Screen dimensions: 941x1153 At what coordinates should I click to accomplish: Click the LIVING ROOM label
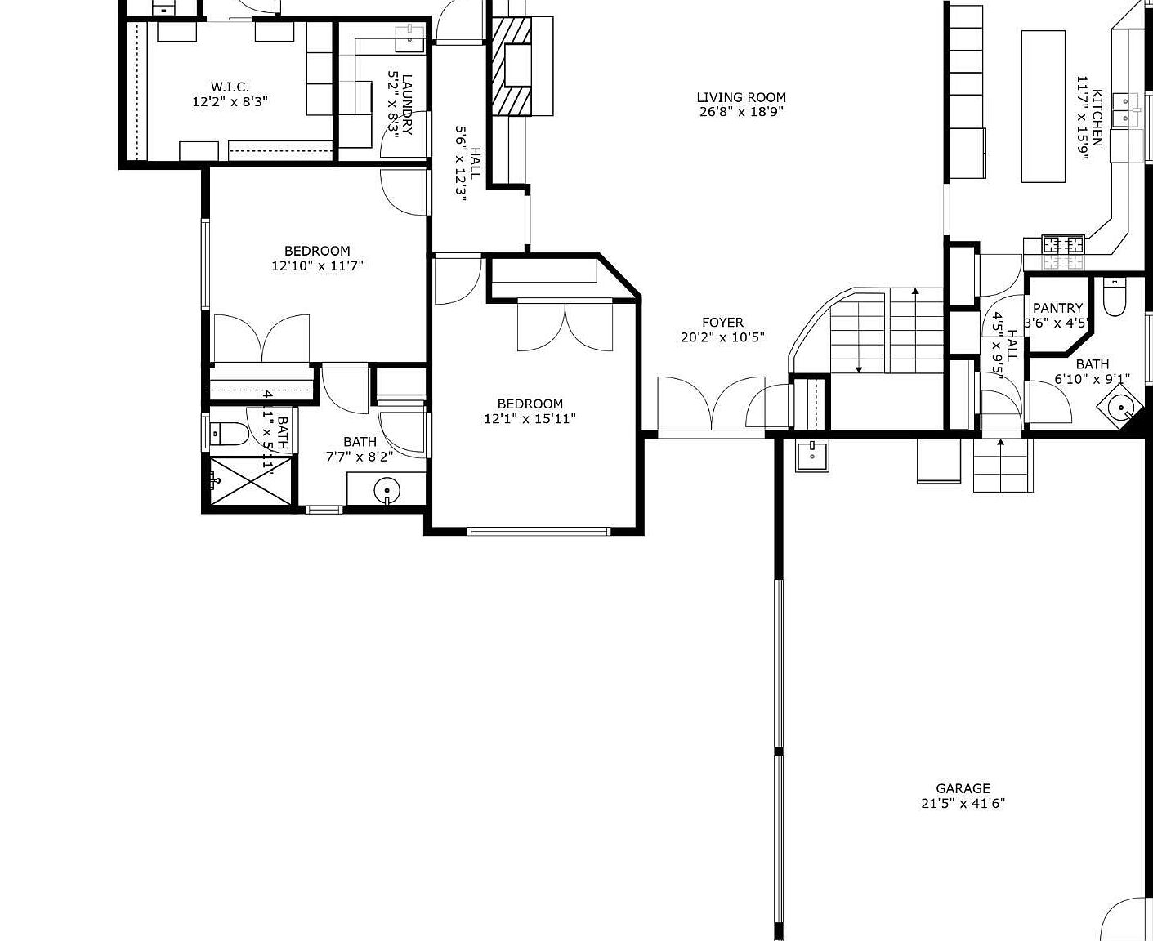tap(741, 97)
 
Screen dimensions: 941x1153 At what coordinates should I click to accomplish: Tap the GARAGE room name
tap(963, 788)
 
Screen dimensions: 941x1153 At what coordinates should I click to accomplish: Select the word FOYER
tap(722, 323)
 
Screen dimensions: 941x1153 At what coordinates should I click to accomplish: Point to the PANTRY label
tap(1057, 308)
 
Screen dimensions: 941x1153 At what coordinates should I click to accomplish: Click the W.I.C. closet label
tap(230, 87)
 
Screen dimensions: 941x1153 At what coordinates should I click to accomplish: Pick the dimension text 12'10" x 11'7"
tap(317, 265)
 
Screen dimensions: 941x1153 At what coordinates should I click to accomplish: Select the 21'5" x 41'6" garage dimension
tap(963, 803)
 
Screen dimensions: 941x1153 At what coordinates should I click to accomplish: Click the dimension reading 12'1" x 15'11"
tap(530, 419)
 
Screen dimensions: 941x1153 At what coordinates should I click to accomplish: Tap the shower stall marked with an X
tap(252, 482)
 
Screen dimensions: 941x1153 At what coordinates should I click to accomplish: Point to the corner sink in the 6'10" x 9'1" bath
tap(1120, 405)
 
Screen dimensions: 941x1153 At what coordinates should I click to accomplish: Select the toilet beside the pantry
tap(1115, 297)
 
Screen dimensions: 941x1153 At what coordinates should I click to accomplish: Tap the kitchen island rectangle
tap(1044, 106)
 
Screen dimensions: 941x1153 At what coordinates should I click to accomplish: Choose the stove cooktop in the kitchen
tap(1063, 244)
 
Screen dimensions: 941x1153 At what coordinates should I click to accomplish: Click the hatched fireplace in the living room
tap(512, 66)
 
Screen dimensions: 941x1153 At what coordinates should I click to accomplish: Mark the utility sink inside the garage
tap(812, 454)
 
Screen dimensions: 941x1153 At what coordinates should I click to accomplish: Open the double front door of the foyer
tap(711, 404)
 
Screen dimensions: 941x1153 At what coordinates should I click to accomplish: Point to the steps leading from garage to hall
tap(1003, 466)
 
